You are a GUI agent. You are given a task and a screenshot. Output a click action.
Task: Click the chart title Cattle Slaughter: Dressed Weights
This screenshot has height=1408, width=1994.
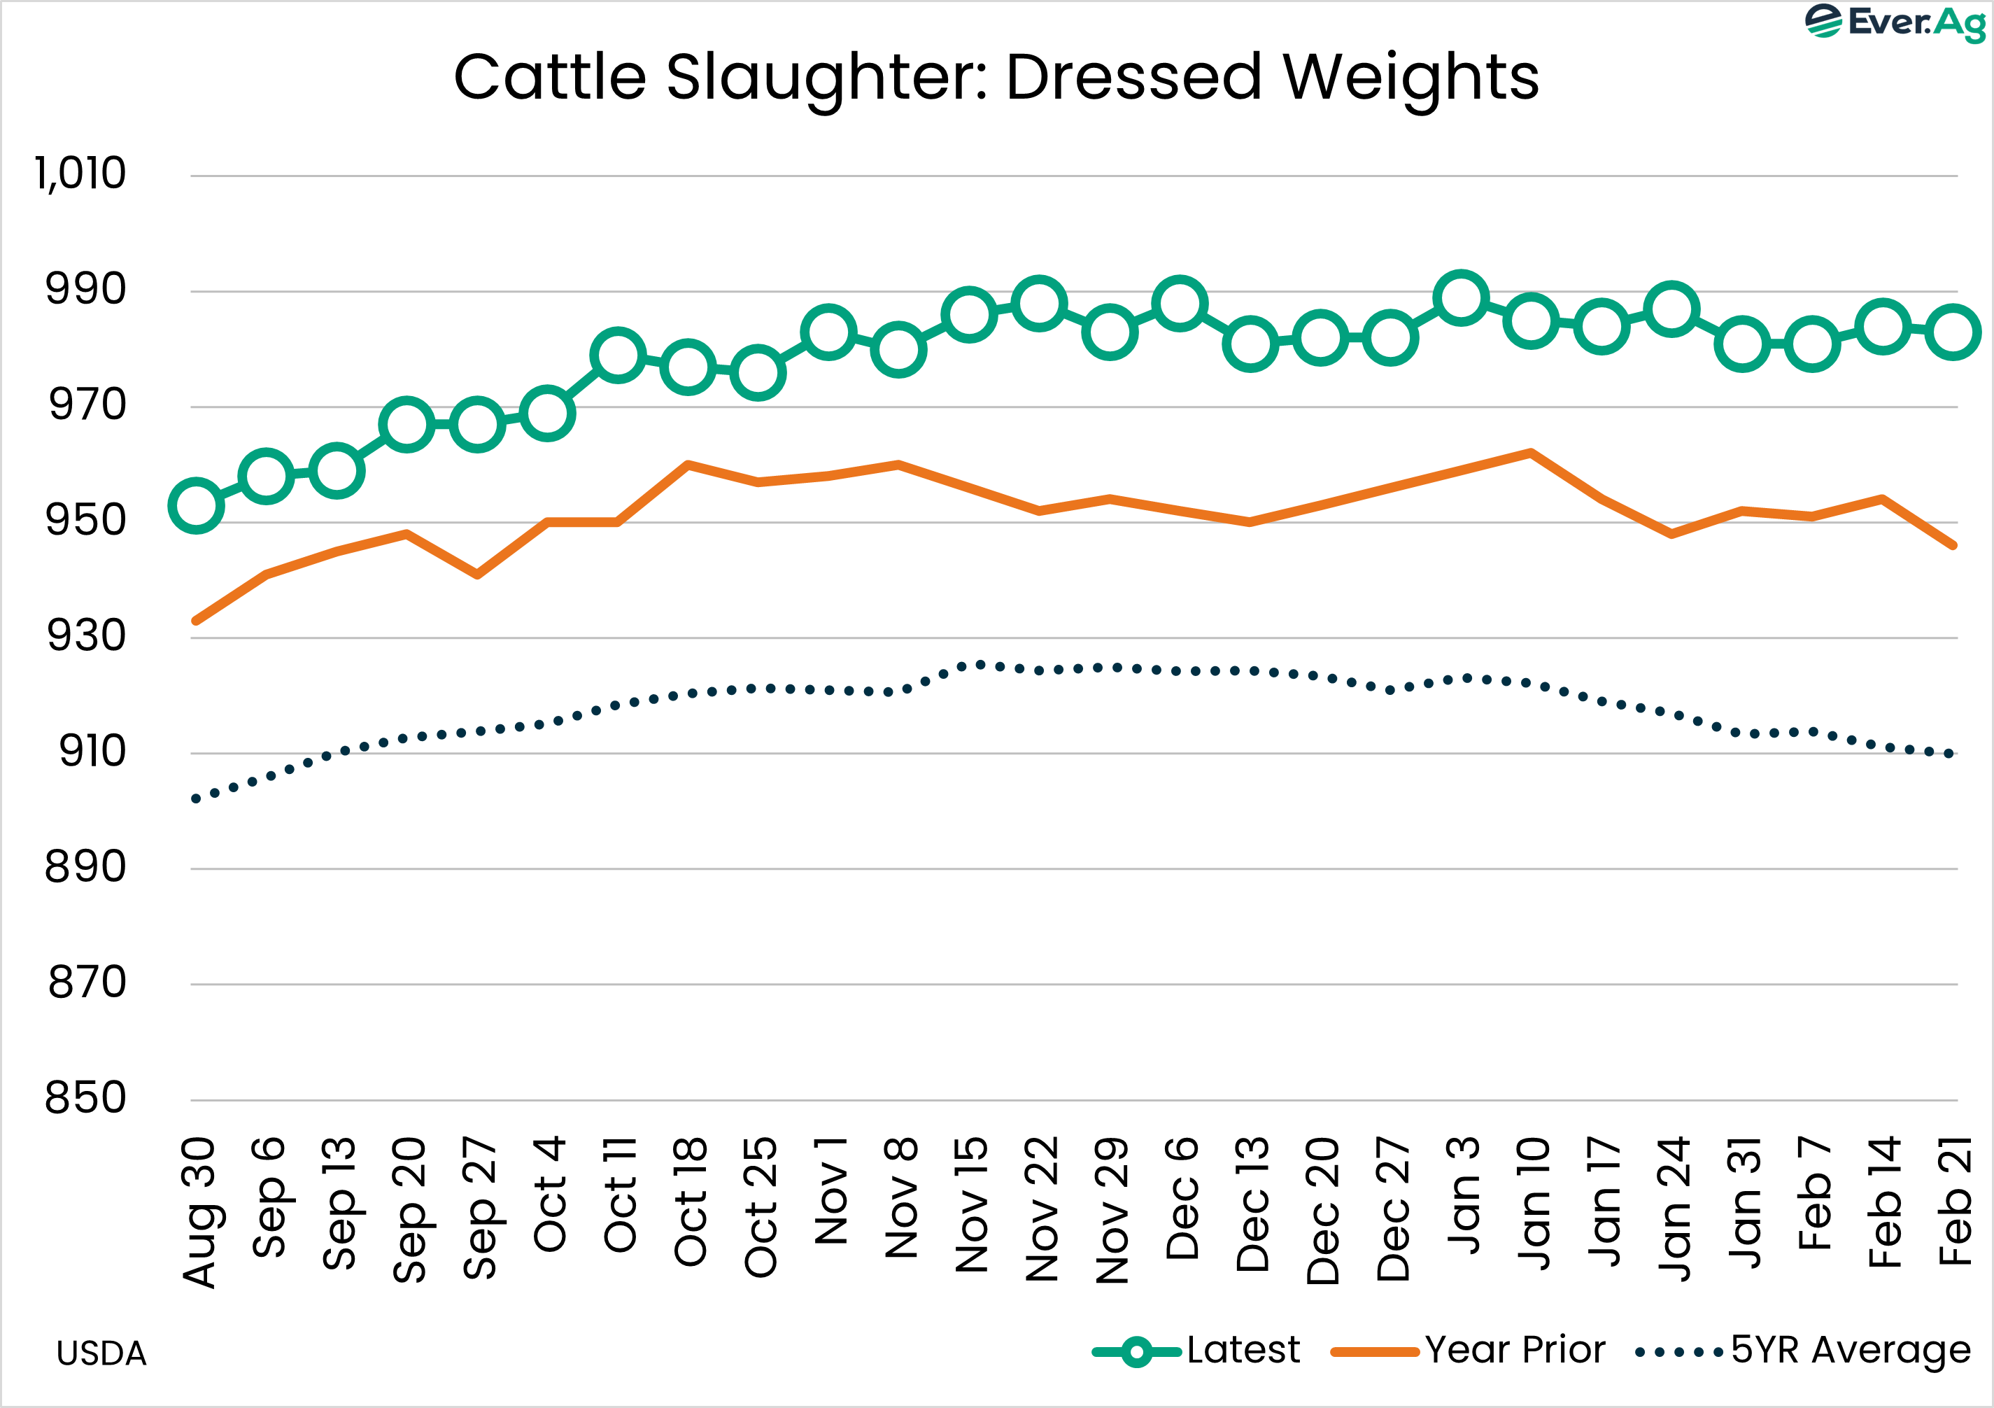[x=996, y=77]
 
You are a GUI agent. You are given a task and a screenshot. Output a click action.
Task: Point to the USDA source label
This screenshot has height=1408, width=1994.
[x=101, y=1353]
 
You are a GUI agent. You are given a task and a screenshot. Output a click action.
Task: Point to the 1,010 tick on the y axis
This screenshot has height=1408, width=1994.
[x=80, y=174]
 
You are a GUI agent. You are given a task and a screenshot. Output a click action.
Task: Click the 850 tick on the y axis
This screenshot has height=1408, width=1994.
[x=85, y=1098]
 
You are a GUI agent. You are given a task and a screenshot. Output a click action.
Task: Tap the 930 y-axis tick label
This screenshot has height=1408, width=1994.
[x=85, y=636]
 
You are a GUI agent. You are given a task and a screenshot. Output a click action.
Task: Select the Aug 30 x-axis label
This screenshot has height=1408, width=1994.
[x=198, y=1211]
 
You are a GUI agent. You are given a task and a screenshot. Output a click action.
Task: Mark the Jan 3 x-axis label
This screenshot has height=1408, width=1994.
[x=1462, y=1195]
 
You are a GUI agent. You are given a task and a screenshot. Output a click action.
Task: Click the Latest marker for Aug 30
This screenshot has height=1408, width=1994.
[x=197, y=505]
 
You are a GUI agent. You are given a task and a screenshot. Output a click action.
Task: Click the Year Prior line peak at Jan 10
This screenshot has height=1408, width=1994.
[x=1530, y=453]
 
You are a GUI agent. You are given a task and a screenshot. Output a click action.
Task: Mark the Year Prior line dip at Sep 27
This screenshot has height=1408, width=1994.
[x=478, y=574]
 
